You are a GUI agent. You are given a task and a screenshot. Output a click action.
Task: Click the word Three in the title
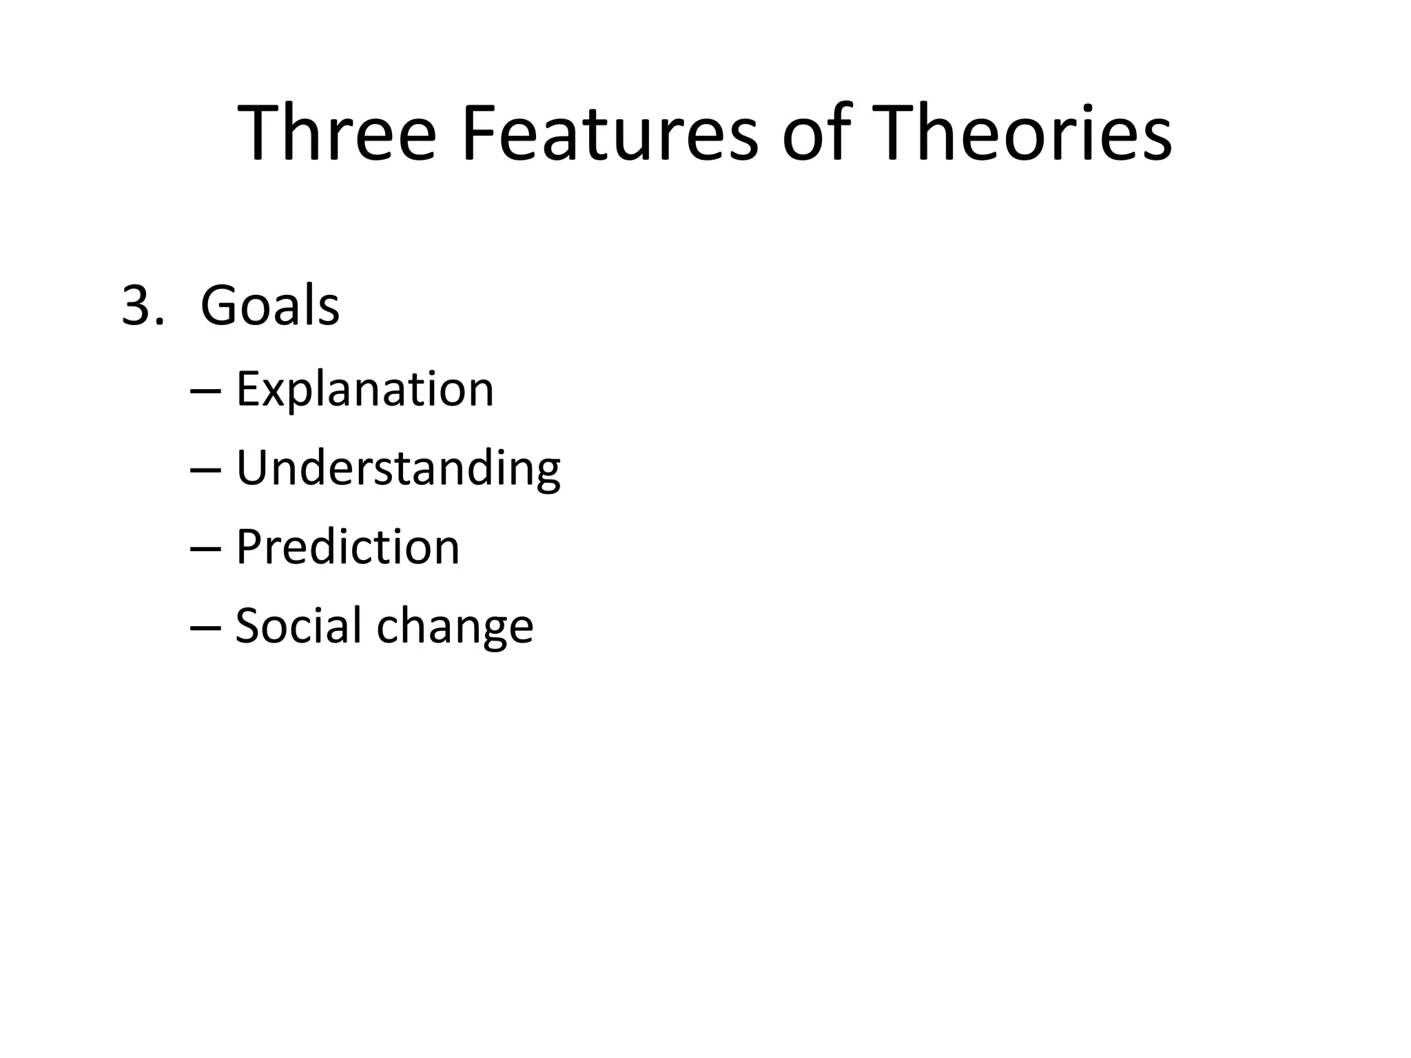point(337,133)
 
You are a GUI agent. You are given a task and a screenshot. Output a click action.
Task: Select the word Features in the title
point(610,133)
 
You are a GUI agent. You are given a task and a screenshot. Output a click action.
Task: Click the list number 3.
point(137,306)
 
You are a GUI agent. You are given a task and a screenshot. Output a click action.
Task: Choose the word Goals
point(269,306)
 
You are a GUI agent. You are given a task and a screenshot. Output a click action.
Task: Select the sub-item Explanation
point(364,390)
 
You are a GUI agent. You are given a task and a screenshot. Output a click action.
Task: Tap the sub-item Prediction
point(347,548)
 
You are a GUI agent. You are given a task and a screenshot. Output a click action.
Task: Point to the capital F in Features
point(478,133)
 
